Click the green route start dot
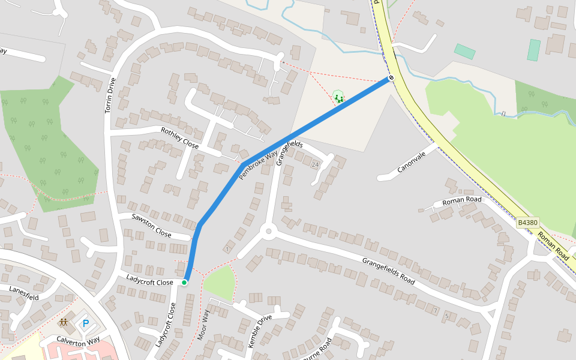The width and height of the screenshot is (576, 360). pos(184,282)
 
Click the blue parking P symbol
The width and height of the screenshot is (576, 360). pos(85,324)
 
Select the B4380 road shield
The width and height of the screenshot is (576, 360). pos(527,223)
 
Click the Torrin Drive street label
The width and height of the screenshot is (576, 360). pos(110,95)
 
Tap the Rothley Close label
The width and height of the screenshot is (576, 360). pos(179,138)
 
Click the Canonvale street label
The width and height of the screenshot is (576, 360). pos(411,162)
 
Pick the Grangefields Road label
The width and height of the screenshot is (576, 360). pos(388,271)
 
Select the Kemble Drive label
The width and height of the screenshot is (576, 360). pos(260,331)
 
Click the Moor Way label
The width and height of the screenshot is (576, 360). pos(203,325)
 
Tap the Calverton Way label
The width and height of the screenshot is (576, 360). pos(77,340)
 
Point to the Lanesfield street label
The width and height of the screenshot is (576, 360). pos(24,293)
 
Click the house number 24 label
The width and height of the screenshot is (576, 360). pos(315,164)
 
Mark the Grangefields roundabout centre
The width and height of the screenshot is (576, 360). pos(268,231)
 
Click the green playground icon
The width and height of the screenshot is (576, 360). pos(338,97)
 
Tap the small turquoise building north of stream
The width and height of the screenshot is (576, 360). pos(464,52)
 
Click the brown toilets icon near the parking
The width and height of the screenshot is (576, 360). pos(63,323)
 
